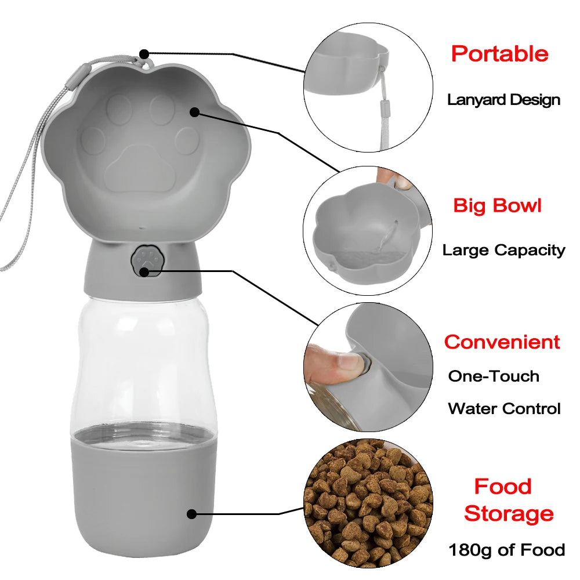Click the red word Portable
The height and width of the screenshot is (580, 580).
[499, 54]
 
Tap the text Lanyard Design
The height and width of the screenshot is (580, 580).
[503, 100]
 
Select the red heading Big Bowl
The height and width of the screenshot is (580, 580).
[497, 205]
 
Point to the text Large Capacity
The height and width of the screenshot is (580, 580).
[503, 251]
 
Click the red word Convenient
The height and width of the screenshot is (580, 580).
[502, 342]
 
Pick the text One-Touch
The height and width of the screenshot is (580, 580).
[494, 376]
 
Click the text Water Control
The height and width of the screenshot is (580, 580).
[504, 408]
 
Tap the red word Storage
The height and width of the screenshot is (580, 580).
[509, 513]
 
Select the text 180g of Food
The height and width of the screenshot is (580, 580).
[506, 549]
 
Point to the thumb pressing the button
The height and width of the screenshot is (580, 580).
[333, 365]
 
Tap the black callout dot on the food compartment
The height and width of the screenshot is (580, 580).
[192, 513]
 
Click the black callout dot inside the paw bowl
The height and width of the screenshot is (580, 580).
[194, 112]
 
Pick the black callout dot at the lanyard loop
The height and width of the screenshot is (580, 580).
[144, 54]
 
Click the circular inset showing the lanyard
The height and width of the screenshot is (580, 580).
[368, 87]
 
